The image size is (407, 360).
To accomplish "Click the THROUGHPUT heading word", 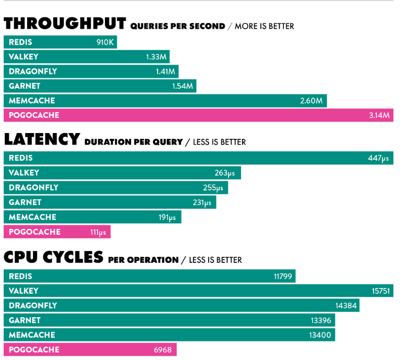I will click(x=65, y=23).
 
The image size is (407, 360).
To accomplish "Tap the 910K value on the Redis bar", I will click(x=105, y=42).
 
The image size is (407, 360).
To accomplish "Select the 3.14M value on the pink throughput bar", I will click(x=379, y=115).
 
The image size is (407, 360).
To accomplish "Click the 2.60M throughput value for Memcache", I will click(x=311, y=101).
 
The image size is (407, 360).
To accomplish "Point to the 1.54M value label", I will click(x=183, y=86).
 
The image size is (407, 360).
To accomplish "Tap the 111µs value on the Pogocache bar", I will click(x=98, y=232).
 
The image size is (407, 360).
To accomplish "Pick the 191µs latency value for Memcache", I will click(x=167, y=218).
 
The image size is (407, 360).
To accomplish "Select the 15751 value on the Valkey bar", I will click(x=381, y=291).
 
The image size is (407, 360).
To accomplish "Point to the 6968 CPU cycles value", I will click(x=162, y=350).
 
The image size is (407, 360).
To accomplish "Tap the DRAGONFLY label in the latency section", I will click(x=33, y=188).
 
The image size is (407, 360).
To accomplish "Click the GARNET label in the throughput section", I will click(x=25, y=86).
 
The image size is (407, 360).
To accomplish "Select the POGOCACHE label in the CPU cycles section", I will click(x=34, y=350).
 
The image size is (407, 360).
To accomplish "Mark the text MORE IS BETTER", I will click(x=264, y=26).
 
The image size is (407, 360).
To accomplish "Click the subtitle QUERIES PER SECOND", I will click(x=177, y=26).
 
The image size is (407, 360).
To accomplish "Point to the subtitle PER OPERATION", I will click(x=143, y=260).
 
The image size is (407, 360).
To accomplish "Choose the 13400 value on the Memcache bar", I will click(x=320, y=335).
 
